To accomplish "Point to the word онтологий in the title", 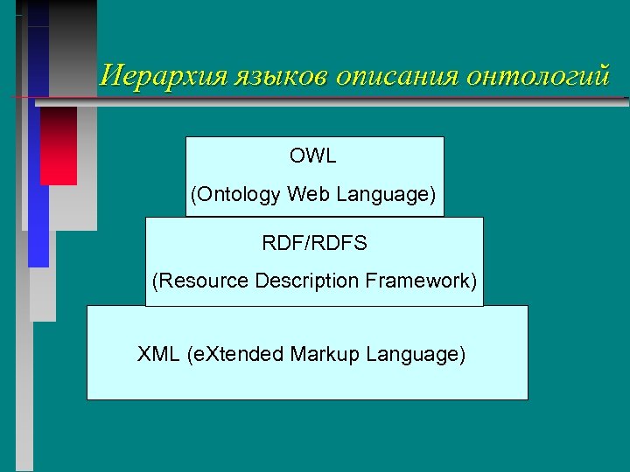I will pos(537,75).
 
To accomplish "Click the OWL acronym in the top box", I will pos(313,156).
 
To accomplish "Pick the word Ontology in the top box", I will pos(236,194).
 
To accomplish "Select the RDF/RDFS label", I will pos(313,243).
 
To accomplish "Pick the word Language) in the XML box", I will pos(416,355).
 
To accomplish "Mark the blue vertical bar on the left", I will pos(38,175).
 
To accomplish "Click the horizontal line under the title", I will pos(350,95).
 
